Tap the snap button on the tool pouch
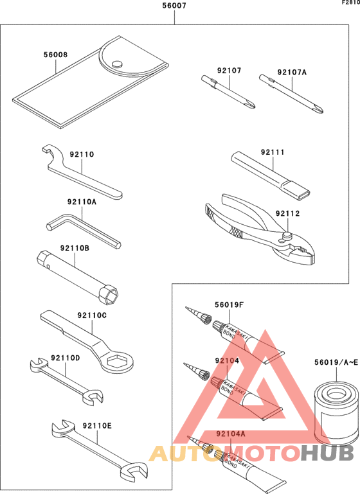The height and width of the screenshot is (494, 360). click(117, 63)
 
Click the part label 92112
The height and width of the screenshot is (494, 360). click(287, 213)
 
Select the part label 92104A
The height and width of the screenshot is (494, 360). click(231, 434)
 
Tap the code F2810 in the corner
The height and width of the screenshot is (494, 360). click(350, 3)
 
